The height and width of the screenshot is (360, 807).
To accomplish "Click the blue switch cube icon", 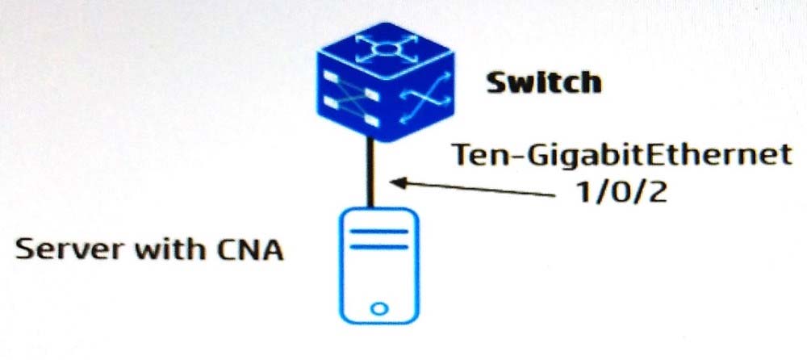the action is (x=386, y=82).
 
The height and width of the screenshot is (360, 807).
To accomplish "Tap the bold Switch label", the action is (x=543, y=83).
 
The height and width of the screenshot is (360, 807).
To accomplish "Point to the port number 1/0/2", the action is (x=621, y=193).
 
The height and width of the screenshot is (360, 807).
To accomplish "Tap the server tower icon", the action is (x=378, y=266).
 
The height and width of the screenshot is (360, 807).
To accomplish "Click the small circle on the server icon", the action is (x=378, y=309).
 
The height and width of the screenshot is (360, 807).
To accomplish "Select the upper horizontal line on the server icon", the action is (x=378, y=231).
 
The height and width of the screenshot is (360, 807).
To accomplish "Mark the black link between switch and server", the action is (x=369, y=174).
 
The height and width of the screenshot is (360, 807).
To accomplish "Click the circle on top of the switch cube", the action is (x=385, y=49).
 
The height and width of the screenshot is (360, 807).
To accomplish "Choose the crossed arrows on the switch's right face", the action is (x=425, y=98).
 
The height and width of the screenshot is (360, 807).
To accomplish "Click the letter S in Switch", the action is (x=496, y=83).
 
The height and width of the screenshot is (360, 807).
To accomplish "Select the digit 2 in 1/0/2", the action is (x=657, y=193).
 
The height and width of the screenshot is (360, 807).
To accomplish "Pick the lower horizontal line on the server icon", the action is (x=378, y=247).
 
